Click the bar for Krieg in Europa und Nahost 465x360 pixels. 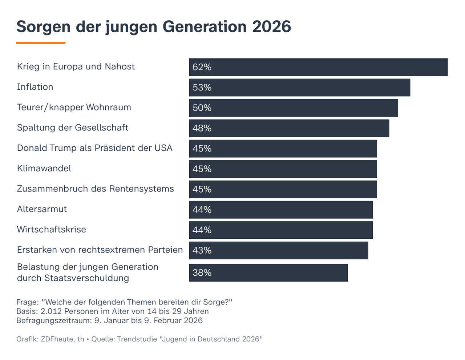(x=318, y=67)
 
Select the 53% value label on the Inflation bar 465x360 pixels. (x=202, y=88)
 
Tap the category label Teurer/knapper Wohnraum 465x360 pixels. (x=74, y=108)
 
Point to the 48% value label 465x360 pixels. (x=202, y=128)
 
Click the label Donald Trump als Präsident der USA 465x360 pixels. (x=94, y=148)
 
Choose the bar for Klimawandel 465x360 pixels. (x=283, y=169)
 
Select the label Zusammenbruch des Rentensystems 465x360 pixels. (x=95, y=189)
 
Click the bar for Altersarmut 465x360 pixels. (x=280, y=210)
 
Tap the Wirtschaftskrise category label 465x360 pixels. (x=51, y=230)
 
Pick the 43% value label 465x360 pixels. (x=202, y=250)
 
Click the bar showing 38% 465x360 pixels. (x=268, y=273)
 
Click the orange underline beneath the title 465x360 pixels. (x=41, y=43)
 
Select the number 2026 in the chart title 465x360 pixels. (x=271, y=27)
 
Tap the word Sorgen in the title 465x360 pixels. (x=44, y=27)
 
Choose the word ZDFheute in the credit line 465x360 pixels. (x=57, y=339)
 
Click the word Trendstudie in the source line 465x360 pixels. (x=137, y=339)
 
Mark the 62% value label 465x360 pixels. (x=202, y=67)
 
